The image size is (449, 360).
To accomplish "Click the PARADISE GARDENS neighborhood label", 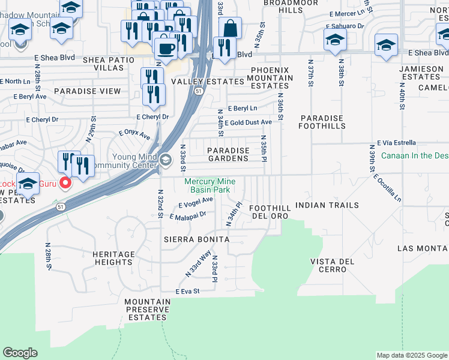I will click(x=228, y=154).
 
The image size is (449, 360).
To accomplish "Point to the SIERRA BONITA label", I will click(x=197, y=239).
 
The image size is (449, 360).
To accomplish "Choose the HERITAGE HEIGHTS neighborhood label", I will click(x=113, y=258).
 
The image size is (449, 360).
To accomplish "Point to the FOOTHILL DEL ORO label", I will click(x=271, y=212).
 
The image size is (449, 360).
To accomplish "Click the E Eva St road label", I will click(x=187, y=292).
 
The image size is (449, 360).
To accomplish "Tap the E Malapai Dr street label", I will click(x=188, y=214).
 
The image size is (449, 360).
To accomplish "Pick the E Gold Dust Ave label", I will click(x=249, y=122).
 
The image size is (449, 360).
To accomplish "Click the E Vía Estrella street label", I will click(x=396, y=143).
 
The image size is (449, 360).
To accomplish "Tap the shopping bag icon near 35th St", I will click(x=231, y=27).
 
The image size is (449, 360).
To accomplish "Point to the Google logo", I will click(x=20, y=352).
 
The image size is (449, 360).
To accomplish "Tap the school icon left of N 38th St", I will click(x=334, y=40).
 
